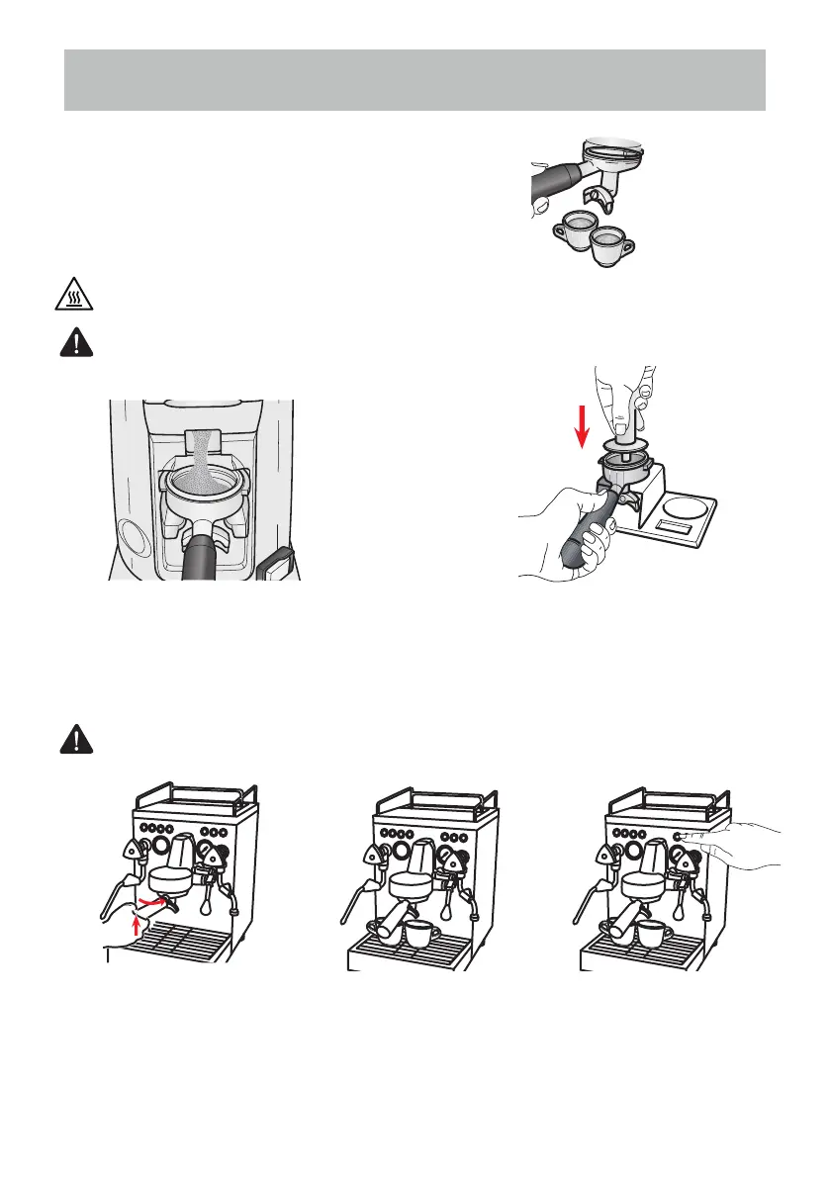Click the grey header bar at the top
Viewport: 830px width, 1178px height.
coord(415,80)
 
